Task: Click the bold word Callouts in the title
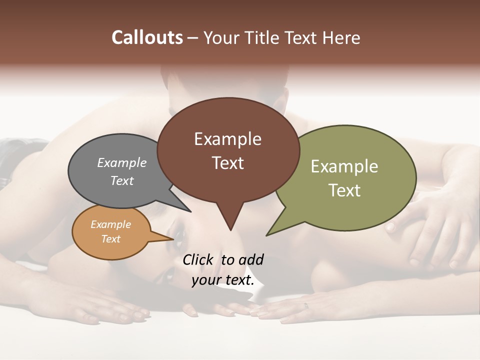coord(147,37)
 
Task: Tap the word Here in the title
coord(341,37)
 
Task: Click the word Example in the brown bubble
coord(227,139)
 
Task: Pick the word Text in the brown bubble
coord(227,163)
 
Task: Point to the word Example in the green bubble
coord(344,166)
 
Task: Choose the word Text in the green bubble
coord(344,190)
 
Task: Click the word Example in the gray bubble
coord(121,162)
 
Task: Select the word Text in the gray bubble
coord(121,180)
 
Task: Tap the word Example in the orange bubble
coord(110,224)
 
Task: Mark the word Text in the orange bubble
coord(110,239)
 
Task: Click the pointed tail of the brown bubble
coord(230,227)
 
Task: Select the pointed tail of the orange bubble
coord(170,239)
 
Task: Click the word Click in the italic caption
coord(199,260)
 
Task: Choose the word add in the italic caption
coord(250,260)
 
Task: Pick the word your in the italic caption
coord(205,280)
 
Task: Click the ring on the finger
coord(306,305)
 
